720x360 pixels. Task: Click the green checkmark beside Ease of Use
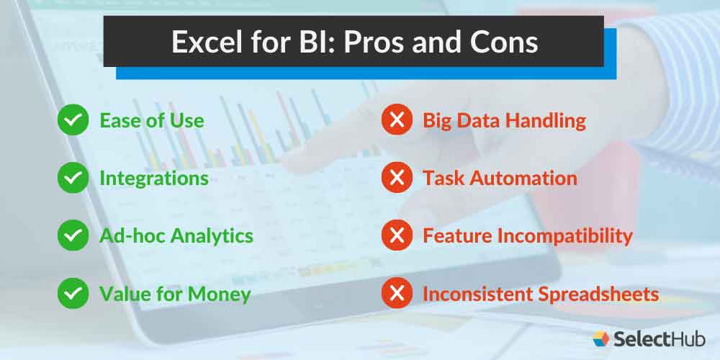tap(72, 120)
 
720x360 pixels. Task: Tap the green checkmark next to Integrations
tap(72, 178)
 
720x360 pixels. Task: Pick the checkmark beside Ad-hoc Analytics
tap(72, 235)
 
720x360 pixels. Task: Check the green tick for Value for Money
tap(72, 293)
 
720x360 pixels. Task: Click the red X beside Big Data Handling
tap(395, 120)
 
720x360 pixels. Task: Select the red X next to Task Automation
tap(395, 178)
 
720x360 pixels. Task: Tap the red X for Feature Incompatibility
tap(395, 235)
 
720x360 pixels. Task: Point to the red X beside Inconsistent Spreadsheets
tap(395, 293)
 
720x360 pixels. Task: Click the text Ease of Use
tap(151, 120)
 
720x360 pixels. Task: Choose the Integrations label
tap(153, 178)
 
